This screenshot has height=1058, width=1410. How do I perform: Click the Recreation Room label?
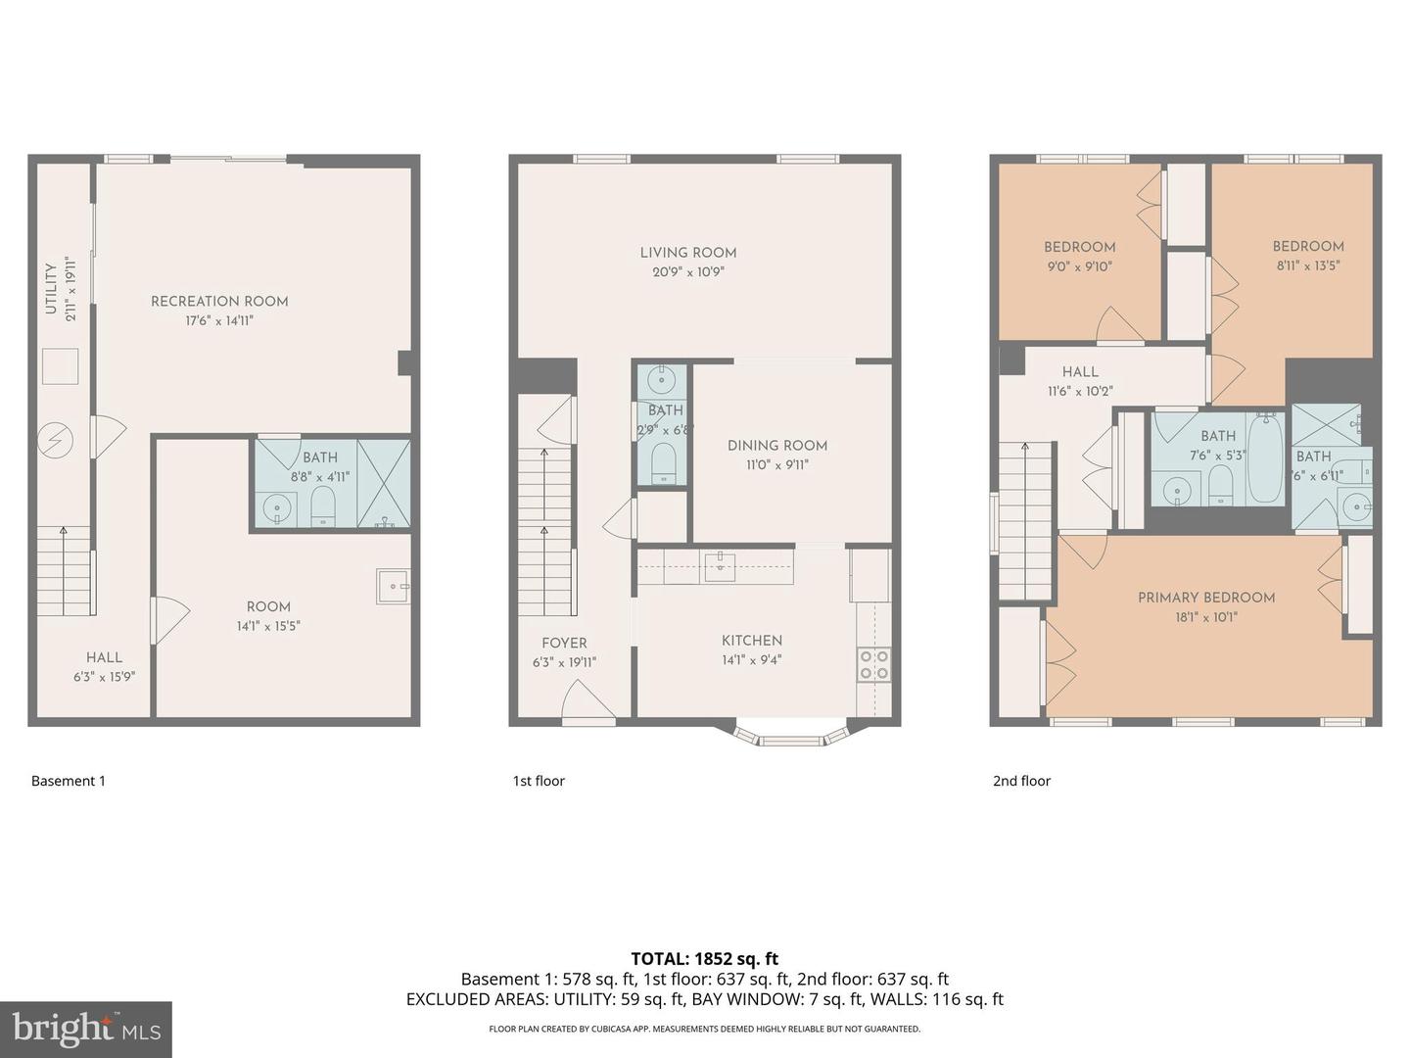(x=219, y=302)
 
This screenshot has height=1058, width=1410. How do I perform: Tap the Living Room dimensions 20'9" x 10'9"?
(x=688, y=272)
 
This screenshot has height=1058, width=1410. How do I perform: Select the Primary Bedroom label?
(x=1205, y=598)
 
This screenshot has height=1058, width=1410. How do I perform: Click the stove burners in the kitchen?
(x=874, y=664)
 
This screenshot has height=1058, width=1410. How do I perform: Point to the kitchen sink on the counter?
(x=720, y=567)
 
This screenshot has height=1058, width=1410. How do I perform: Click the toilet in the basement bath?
(x=322, y=506)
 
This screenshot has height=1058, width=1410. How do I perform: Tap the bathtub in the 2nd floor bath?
(x=1265, y=458)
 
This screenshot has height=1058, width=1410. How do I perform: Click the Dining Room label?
(x=776, y=446)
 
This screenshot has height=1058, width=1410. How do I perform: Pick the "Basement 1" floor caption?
(x=69, y=781)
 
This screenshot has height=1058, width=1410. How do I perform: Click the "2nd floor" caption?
(x=1021, y=781)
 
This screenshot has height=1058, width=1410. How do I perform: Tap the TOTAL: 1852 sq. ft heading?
(x=704, y=959)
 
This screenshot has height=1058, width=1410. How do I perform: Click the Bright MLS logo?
(x=86, y=1029)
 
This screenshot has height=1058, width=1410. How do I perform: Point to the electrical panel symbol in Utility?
(x=56, y=441)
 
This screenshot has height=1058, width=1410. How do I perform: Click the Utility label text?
(x=51, y=289)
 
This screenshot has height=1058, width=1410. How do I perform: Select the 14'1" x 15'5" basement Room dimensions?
(x=268, y=626)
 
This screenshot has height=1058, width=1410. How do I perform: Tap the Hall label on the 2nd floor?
(x=1080, y=372)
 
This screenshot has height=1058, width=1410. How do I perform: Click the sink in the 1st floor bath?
(x=663, y=378)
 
